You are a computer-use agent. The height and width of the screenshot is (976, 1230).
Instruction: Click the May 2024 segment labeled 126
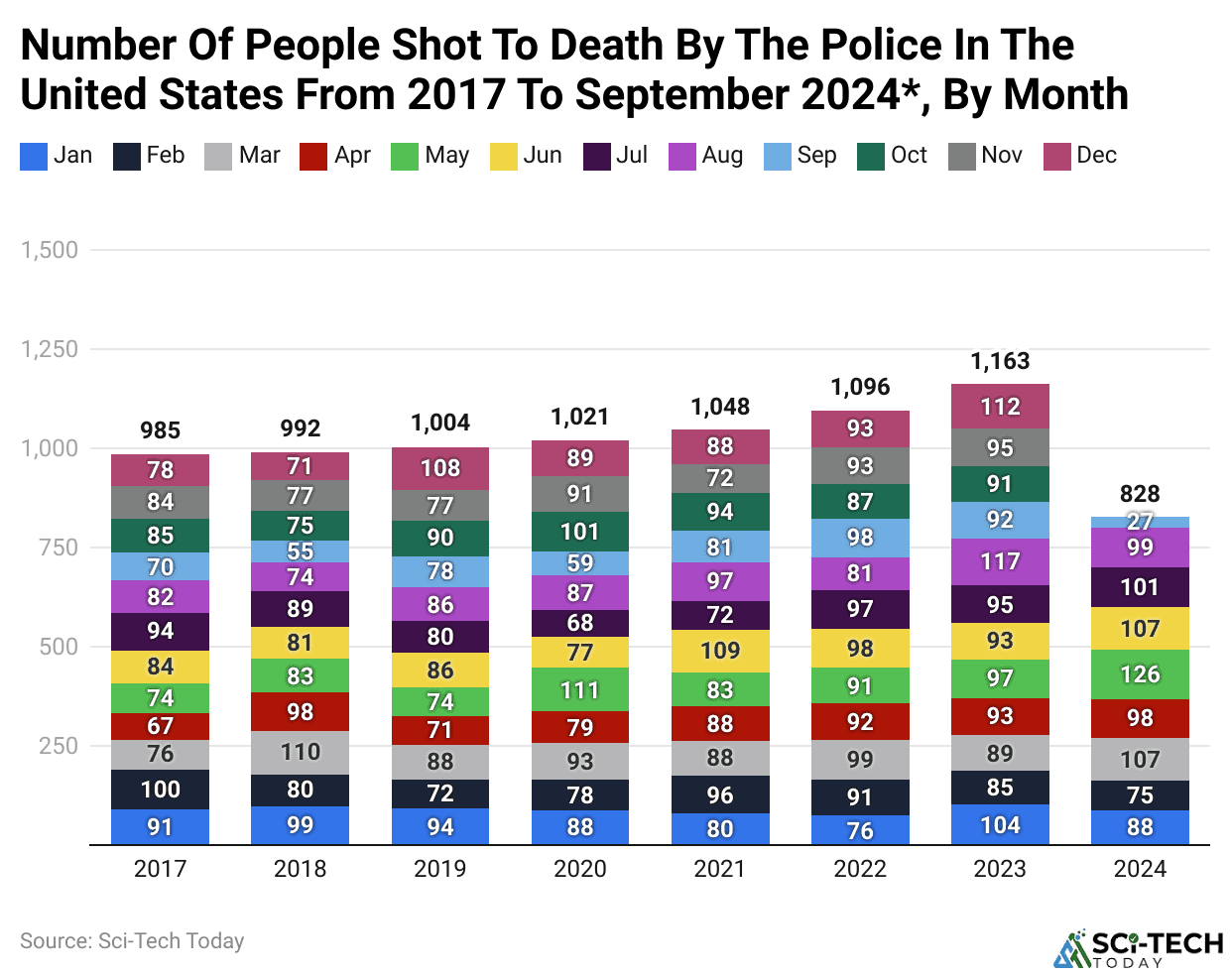pos(1140,674)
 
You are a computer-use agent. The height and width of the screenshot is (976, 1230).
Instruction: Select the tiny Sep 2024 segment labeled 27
pos(1140,522)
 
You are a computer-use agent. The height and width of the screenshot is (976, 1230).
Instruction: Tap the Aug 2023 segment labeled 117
pos(1000,561)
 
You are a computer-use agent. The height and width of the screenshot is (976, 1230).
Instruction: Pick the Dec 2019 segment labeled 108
pos(440,468)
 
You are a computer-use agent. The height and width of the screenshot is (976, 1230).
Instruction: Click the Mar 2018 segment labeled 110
pos(300,752)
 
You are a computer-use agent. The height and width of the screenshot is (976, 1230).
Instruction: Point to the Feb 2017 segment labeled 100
pos(160,790)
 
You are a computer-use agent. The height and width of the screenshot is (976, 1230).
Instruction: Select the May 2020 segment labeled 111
pos(580,689)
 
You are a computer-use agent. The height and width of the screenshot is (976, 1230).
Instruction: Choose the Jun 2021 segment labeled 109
pos(720,651)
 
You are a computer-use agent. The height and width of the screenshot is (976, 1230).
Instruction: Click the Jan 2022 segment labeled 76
pos(860,830)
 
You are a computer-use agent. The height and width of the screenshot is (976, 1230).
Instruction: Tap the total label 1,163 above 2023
pos(1000,361)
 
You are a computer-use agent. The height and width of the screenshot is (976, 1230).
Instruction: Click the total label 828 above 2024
pos(1140,494)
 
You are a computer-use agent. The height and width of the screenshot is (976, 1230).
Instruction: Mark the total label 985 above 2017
pos(160,430)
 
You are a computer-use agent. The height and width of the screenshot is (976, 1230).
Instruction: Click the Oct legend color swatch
pos(870,157)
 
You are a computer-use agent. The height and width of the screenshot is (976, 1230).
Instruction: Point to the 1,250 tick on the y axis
pos(50,349)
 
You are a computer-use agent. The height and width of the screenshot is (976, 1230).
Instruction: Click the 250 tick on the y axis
pos(58,746)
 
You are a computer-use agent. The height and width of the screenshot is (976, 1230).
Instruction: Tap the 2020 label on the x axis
pos(580,869)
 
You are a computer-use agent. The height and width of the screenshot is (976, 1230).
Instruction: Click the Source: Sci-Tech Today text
pos(132,941)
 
